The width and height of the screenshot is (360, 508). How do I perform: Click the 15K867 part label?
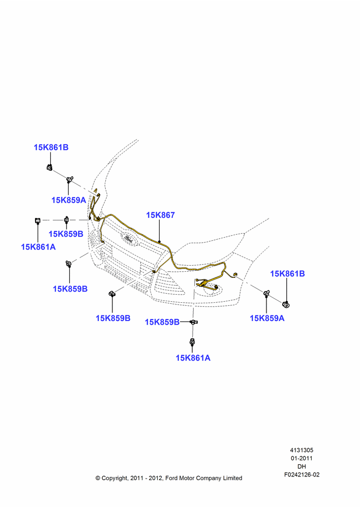click(x=160, y=215)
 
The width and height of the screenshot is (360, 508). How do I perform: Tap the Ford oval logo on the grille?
click(x=130, y=238)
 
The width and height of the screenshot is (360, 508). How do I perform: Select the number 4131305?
click(x=302, y=450)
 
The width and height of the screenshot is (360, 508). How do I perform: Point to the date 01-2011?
click(x=302, y=458)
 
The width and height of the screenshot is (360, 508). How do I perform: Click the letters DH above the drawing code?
click(x=302, y=466)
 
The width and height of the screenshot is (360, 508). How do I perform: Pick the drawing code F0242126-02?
click(x=302, y=474)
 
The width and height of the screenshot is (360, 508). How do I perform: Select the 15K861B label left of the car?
click(x=51, y=147)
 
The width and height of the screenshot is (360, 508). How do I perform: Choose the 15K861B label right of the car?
click(x=287, y=274)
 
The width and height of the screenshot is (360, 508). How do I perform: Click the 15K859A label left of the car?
click(x=69, y=200)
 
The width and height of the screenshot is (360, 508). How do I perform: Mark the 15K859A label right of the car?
click(x=267, y=319)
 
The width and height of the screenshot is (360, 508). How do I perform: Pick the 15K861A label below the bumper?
click(x=193, y=358)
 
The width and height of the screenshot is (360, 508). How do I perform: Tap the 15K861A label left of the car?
click(x=38, y=247)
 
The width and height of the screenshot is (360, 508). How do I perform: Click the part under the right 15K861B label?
click(x=286, y=304)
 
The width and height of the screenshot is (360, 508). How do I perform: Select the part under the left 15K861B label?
click(x=49, y=168)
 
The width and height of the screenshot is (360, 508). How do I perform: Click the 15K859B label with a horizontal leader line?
click(x=162, y=323)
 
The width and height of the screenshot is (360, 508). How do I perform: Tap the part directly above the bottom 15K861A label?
click(x=192, y=341)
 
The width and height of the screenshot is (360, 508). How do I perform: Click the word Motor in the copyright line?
click(x=187, y=478)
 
